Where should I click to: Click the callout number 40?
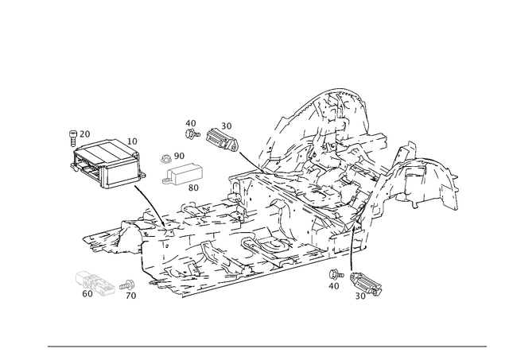click(190, 122)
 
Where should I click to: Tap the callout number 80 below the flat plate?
click(194, 189)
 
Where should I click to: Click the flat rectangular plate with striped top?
click(182, 173)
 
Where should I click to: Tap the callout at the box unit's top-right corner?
click(132, 141)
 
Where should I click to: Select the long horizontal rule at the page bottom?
click(266, 347)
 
